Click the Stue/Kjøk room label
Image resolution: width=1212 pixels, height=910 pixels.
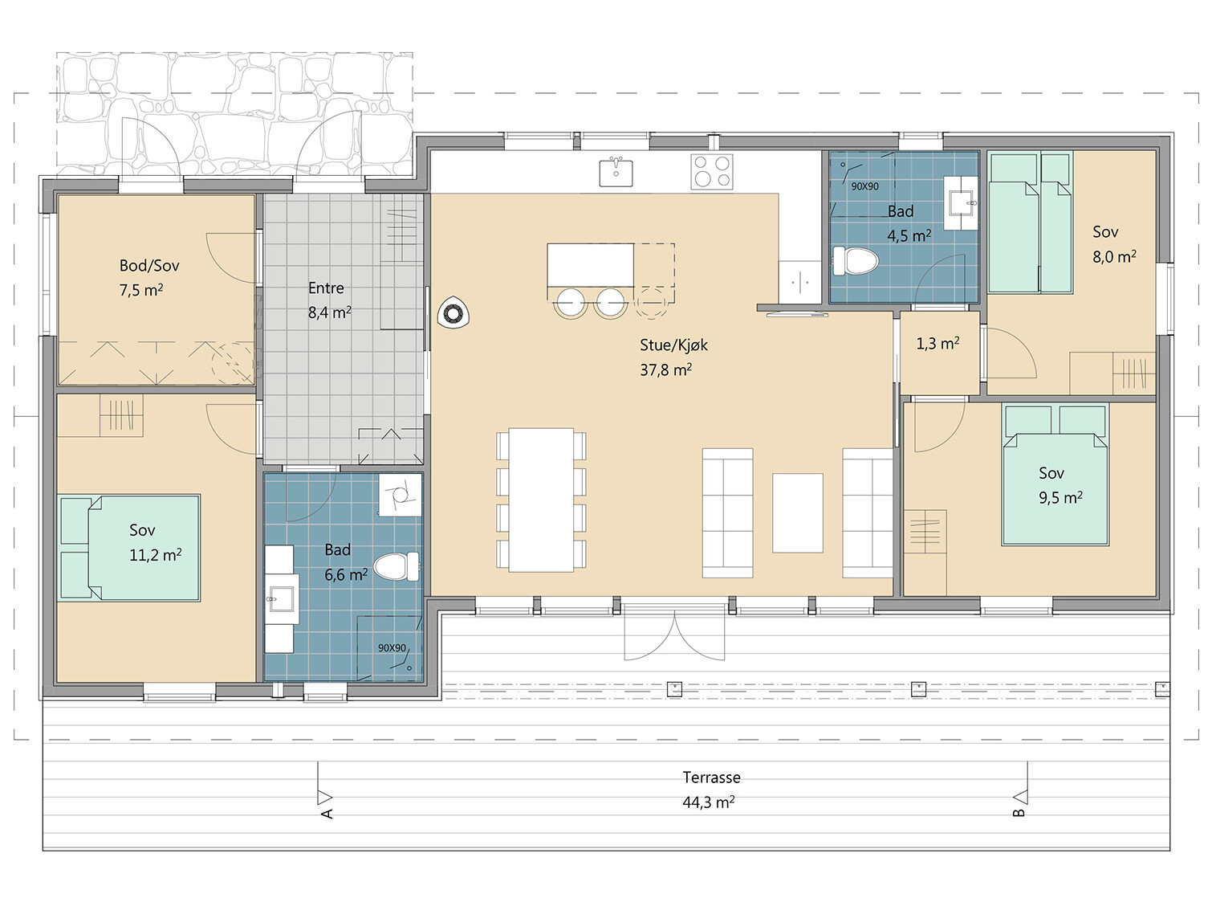(673, 345)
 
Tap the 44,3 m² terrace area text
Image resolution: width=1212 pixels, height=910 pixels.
(709, 802)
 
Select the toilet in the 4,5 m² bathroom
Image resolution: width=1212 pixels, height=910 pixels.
(856, 261)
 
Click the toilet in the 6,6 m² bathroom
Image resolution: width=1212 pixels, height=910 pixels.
(396, 566)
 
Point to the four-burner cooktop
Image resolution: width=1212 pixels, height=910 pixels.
(712, 171)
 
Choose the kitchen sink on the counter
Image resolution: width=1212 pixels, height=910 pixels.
(616, 172)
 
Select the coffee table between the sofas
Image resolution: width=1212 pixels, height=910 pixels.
(797, 512)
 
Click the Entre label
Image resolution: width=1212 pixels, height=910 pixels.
(326, 288)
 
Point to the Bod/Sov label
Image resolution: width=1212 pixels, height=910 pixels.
(149, 266)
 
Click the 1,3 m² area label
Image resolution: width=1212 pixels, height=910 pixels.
(937, 344)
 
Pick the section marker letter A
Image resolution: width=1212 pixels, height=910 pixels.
(327, 814)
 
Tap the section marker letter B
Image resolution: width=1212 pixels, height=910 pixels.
(1019, 812)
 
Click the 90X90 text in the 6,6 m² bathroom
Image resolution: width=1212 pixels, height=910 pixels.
(392, 648)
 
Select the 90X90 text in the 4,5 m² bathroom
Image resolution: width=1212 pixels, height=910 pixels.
(864, 187)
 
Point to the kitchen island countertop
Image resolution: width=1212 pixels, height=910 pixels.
(590, 265)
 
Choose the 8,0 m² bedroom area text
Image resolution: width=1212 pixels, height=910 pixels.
(1114, 257)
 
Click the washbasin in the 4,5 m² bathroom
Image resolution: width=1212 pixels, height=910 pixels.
(962, 202)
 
